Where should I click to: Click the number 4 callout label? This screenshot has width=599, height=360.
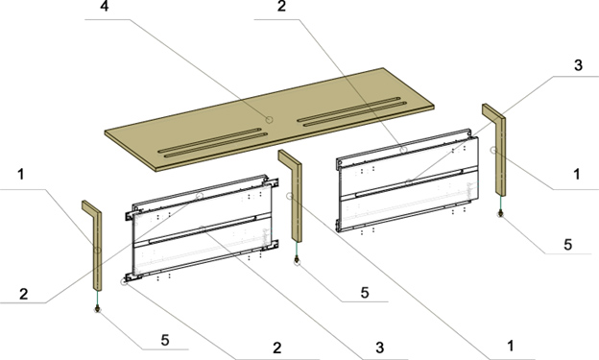105,7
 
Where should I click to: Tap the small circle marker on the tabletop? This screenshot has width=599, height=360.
270,120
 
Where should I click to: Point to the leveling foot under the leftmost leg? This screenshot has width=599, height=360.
98,308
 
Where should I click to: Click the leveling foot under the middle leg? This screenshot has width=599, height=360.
297,260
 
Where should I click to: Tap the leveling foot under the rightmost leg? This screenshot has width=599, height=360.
500,213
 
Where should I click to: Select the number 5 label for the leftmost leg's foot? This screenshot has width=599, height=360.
165,340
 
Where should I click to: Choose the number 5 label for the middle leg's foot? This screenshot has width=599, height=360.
365,293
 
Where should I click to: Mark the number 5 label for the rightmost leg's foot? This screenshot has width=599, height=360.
568,245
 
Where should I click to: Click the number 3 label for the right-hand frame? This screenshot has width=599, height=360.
579,65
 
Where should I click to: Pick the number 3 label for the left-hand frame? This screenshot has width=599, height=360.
379,348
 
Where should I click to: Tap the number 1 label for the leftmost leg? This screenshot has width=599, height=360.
20,175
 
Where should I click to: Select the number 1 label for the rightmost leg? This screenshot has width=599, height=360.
577,175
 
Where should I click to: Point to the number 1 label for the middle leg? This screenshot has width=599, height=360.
511,346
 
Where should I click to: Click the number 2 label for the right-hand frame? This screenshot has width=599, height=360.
281,6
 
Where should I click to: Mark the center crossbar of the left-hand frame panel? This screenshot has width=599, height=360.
203,229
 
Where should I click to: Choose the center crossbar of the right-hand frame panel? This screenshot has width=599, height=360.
409,182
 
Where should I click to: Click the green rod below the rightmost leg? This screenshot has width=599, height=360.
500,204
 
